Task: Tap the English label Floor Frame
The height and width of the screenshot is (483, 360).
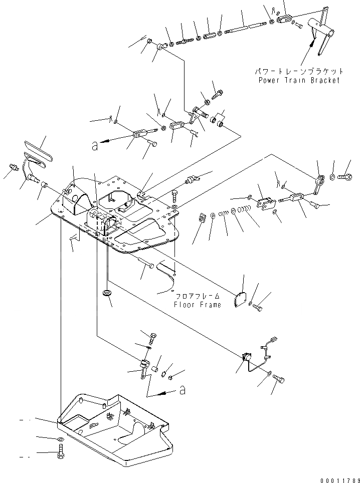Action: (x=197, y=305)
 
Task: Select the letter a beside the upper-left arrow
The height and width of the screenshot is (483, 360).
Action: (x=95, y=146)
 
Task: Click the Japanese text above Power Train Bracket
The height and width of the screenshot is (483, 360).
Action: (x=300, y=72)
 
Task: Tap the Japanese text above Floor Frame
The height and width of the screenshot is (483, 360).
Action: (x=197, y=297)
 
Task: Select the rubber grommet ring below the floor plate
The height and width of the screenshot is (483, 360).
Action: (x=106, y=292)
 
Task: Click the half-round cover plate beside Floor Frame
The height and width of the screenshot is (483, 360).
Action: (x=243, y=298)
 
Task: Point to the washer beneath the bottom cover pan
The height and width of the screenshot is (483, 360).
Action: (x=61, y=439)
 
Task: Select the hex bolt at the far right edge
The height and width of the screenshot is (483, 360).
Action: (x=344, y=176)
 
